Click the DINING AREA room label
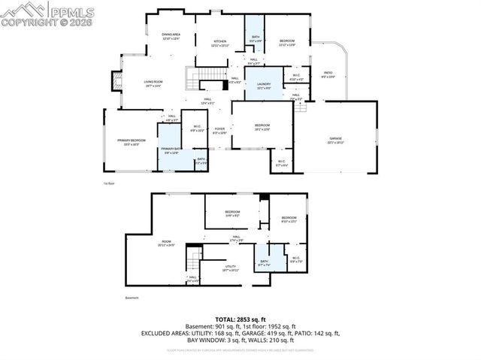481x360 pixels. (171, 35)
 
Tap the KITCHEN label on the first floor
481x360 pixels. (220, 42)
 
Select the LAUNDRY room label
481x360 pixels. (263, 84)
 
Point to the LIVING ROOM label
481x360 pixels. (153, 83)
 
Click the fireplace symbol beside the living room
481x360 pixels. (116, 80)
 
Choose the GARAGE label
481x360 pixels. (335, 139)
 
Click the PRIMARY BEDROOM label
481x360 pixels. (131, 141)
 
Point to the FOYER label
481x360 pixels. (219, 129)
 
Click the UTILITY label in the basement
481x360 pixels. (230, 266)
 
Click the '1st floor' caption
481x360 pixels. (109, 183)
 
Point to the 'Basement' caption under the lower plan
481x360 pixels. (132, 298)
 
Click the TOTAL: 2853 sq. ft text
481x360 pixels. (240, 319)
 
